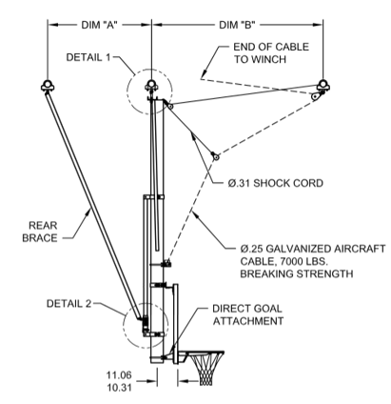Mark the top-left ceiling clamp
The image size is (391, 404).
(47, 88)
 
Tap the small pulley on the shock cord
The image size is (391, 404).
(216, 155)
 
